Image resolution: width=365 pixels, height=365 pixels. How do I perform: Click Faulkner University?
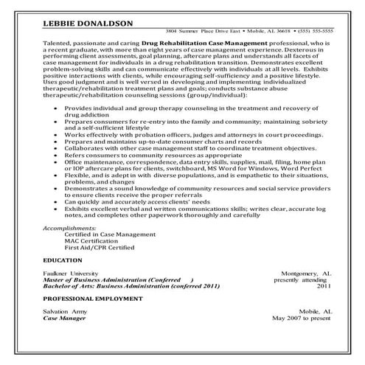pyautogui.click(x=68, y=273)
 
